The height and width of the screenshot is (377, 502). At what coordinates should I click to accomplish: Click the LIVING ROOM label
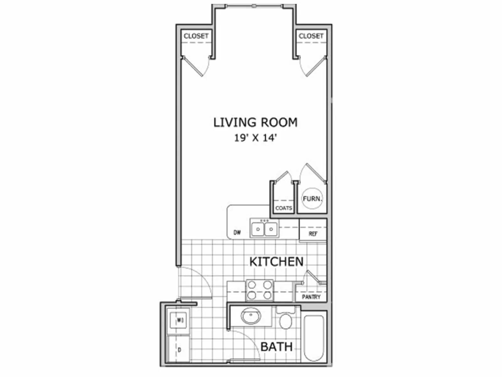tap(255, 123)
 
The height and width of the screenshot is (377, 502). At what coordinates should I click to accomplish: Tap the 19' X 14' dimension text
tap(255, 138)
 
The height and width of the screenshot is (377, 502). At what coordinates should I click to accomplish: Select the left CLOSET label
tap(196, 36)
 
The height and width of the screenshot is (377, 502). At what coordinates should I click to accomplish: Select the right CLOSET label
tap(311, 36)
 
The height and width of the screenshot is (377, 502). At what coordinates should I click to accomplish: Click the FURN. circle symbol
tap(312, 199)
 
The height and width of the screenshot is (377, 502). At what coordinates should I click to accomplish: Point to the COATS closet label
tap(284, 208)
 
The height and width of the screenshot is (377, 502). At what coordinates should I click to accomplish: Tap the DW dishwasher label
tap(237, 233)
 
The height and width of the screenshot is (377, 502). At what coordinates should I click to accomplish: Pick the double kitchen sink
tap(264, 228)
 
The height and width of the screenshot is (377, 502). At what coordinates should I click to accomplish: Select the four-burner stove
tap(259, 290)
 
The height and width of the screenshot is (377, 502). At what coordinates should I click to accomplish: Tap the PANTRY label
tap(311, 297)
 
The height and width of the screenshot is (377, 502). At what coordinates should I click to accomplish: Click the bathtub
tap(314, 338)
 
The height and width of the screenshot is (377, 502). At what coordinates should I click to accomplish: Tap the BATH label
tap(276, 347)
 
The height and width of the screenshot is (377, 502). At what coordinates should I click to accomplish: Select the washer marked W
tap(178, 320)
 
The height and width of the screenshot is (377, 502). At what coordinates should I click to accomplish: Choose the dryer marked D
tap(179, 349)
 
